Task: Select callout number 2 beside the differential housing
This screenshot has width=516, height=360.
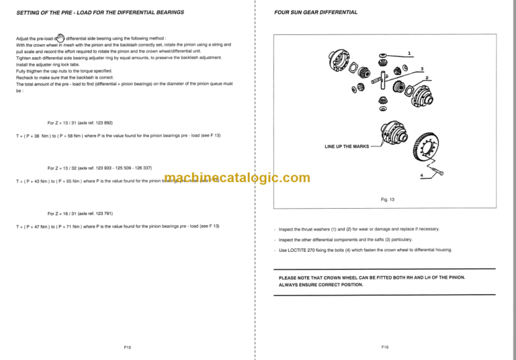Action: point(427,79)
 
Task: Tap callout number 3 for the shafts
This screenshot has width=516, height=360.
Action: point(421,69)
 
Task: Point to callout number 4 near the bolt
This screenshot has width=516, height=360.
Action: point(421,175)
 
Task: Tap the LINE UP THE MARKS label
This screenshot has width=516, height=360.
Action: point(347,146)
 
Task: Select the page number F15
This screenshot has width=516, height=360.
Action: point(127,347)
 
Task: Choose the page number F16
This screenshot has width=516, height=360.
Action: point(385,347)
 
